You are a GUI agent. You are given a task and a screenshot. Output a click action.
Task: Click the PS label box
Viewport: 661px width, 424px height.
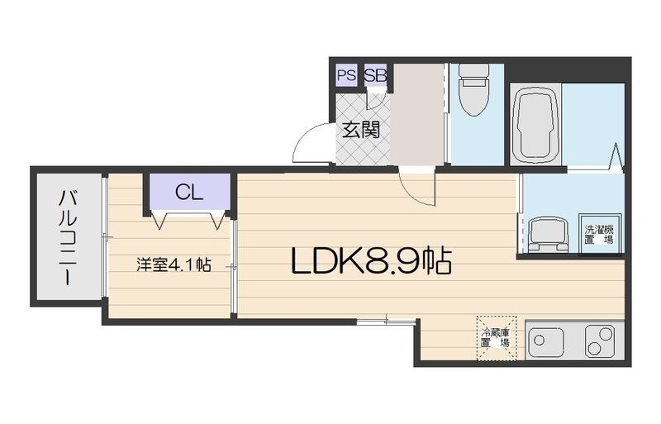pyautogui.click(x=346, y=75)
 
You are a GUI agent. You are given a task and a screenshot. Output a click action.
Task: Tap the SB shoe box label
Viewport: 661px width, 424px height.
pyautogui.click(x=375, y=75)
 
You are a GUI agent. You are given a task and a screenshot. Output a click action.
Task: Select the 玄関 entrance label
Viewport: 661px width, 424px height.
pyautogui.click(x=361, y=130)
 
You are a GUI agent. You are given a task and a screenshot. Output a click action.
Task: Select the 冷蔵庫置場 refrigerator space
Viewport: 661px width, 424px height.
pyautogui.click(x=496, y=337)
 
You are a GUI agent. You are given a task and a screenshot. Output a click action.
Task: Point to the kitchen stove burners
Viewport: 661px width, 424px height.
pyautogui.click(x=599, y=340)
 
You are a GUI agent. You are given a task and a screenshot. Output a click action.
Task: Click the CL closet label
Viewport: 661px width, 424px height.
pyautogui.click(x=188, y=193)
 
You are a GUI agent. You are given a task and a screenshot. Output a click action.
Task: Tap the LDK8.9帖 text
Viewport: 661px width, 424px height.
pyautogui.click(x=370, y=262)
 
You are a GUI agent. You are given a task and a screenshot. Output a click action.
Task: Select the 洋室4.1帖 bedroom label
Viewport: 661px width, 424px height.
pyautogui.click(x=174, y=265)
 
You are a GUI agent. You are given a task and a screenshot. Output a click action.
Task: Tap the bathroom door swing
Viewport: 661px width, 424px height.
pyautogui.click(x=613, y=157)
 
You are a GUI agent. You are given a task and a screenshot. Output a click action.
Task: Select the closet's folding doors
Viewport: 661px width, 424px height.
pyautogui.click(x=189, y=219)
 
